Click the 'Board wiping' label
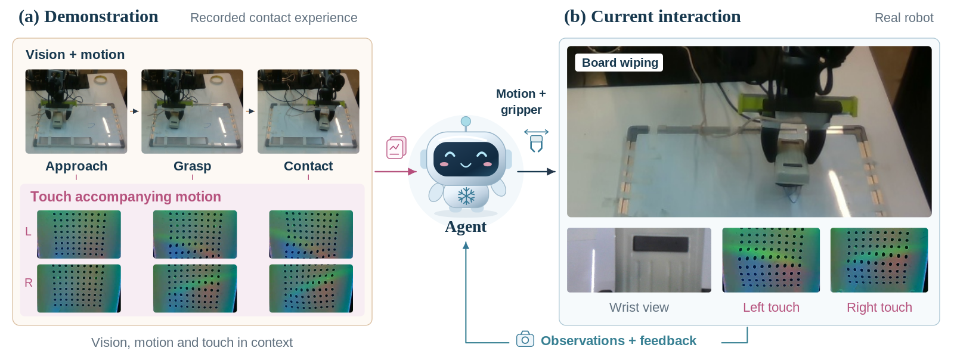pos(620,63)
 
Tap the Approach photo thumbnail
pos(76,111)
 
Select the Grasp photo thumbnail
pos(193,111)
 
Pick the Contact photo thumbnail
pos(308,111)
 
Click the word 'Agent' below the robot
pos(466,227)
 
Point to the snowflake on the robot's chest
pos(466,196)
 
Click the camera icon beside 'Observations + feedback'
pos(525,340)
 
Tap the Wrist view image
pos(639,260)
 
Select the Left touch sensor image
pos(771,260)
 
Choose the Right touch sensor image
pos(879,260)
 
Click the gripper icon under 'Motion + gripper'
pos(536,141)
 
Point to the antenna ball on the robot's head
pos(466,122)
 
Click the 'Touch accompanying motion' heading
pos(126,197)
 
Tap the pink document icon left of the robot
pos(396,147)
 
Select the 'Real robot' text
pos(904,17)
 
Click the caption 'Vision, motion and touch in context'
pos(191,342)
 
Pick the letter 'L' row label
pos(28,231)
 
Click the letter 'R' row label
pos(29,283)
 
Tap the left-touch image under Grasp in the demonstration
pos(195,234)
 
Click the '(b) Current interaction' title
pos(652,17)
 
